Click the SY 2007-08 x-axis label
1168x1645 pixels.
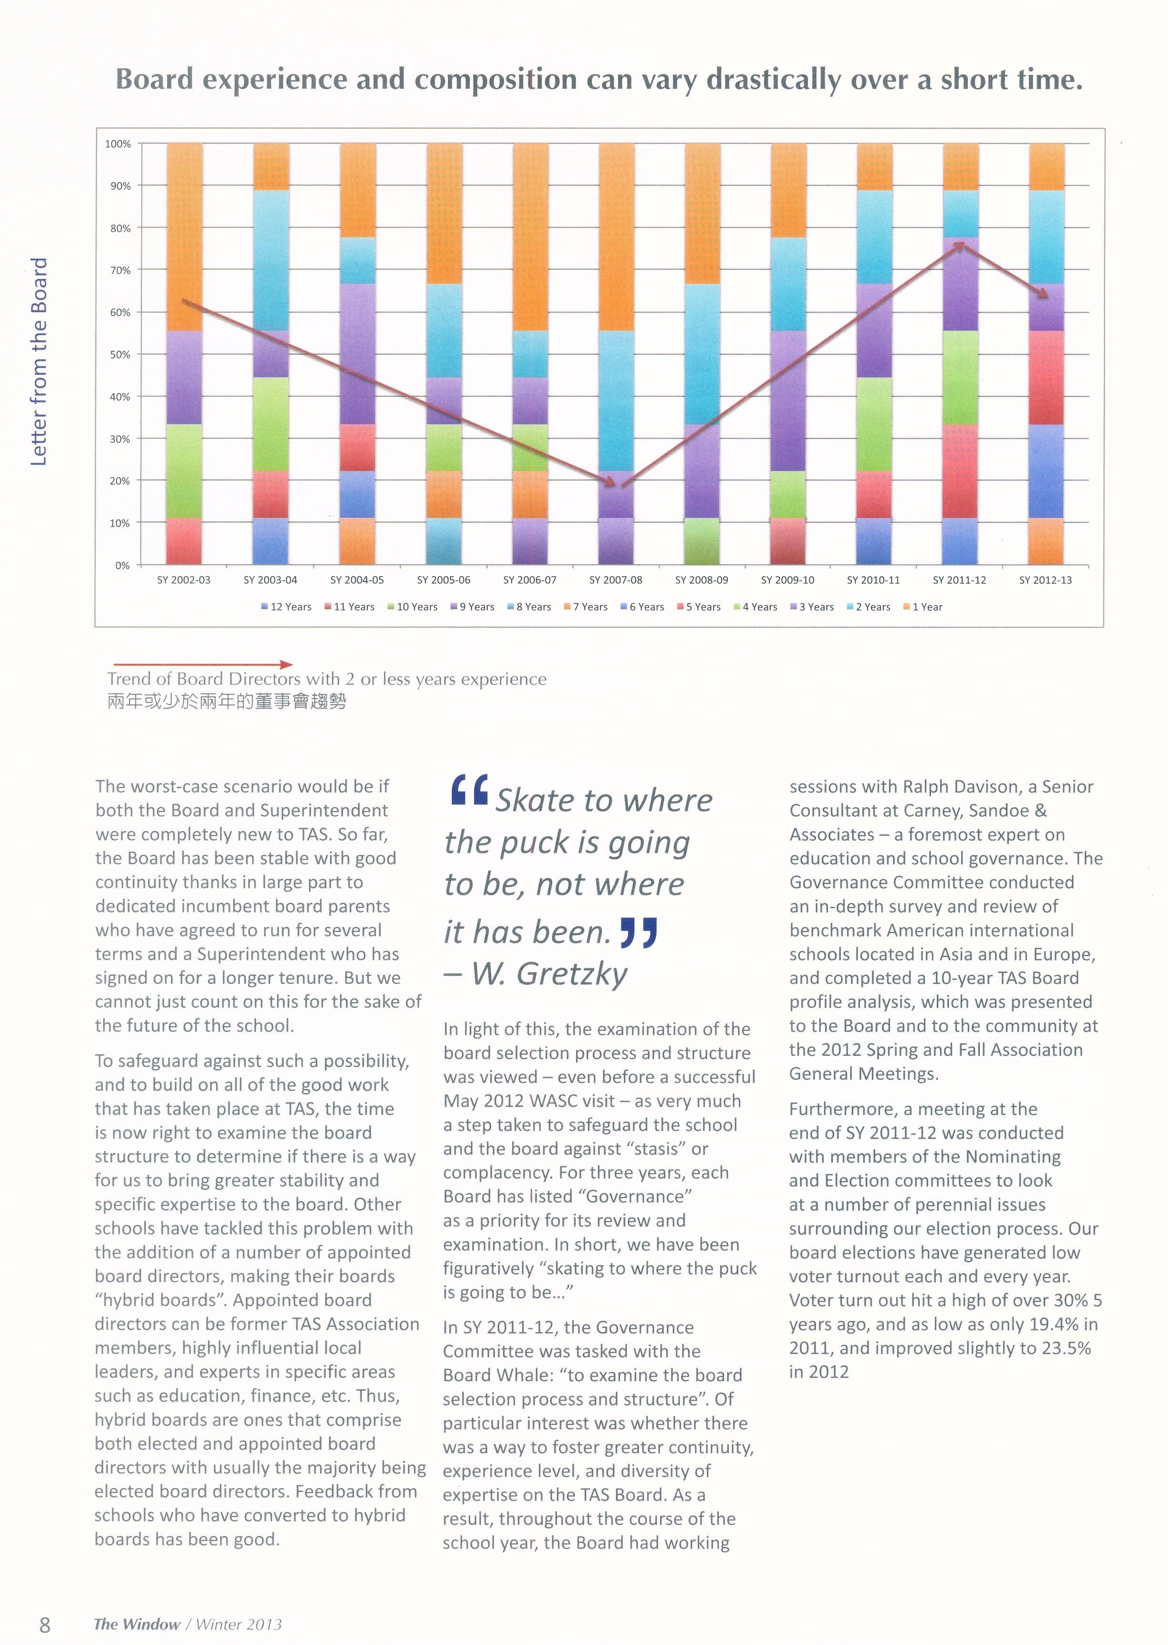[x=615, y=580]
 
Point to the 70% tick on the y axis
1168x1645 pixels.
[x=119, y=270]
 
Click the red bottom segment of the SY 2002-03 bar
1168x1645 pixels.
[x=184, y=541]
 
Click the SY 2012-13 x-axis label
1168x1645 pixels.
[x=1045, y=580]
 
